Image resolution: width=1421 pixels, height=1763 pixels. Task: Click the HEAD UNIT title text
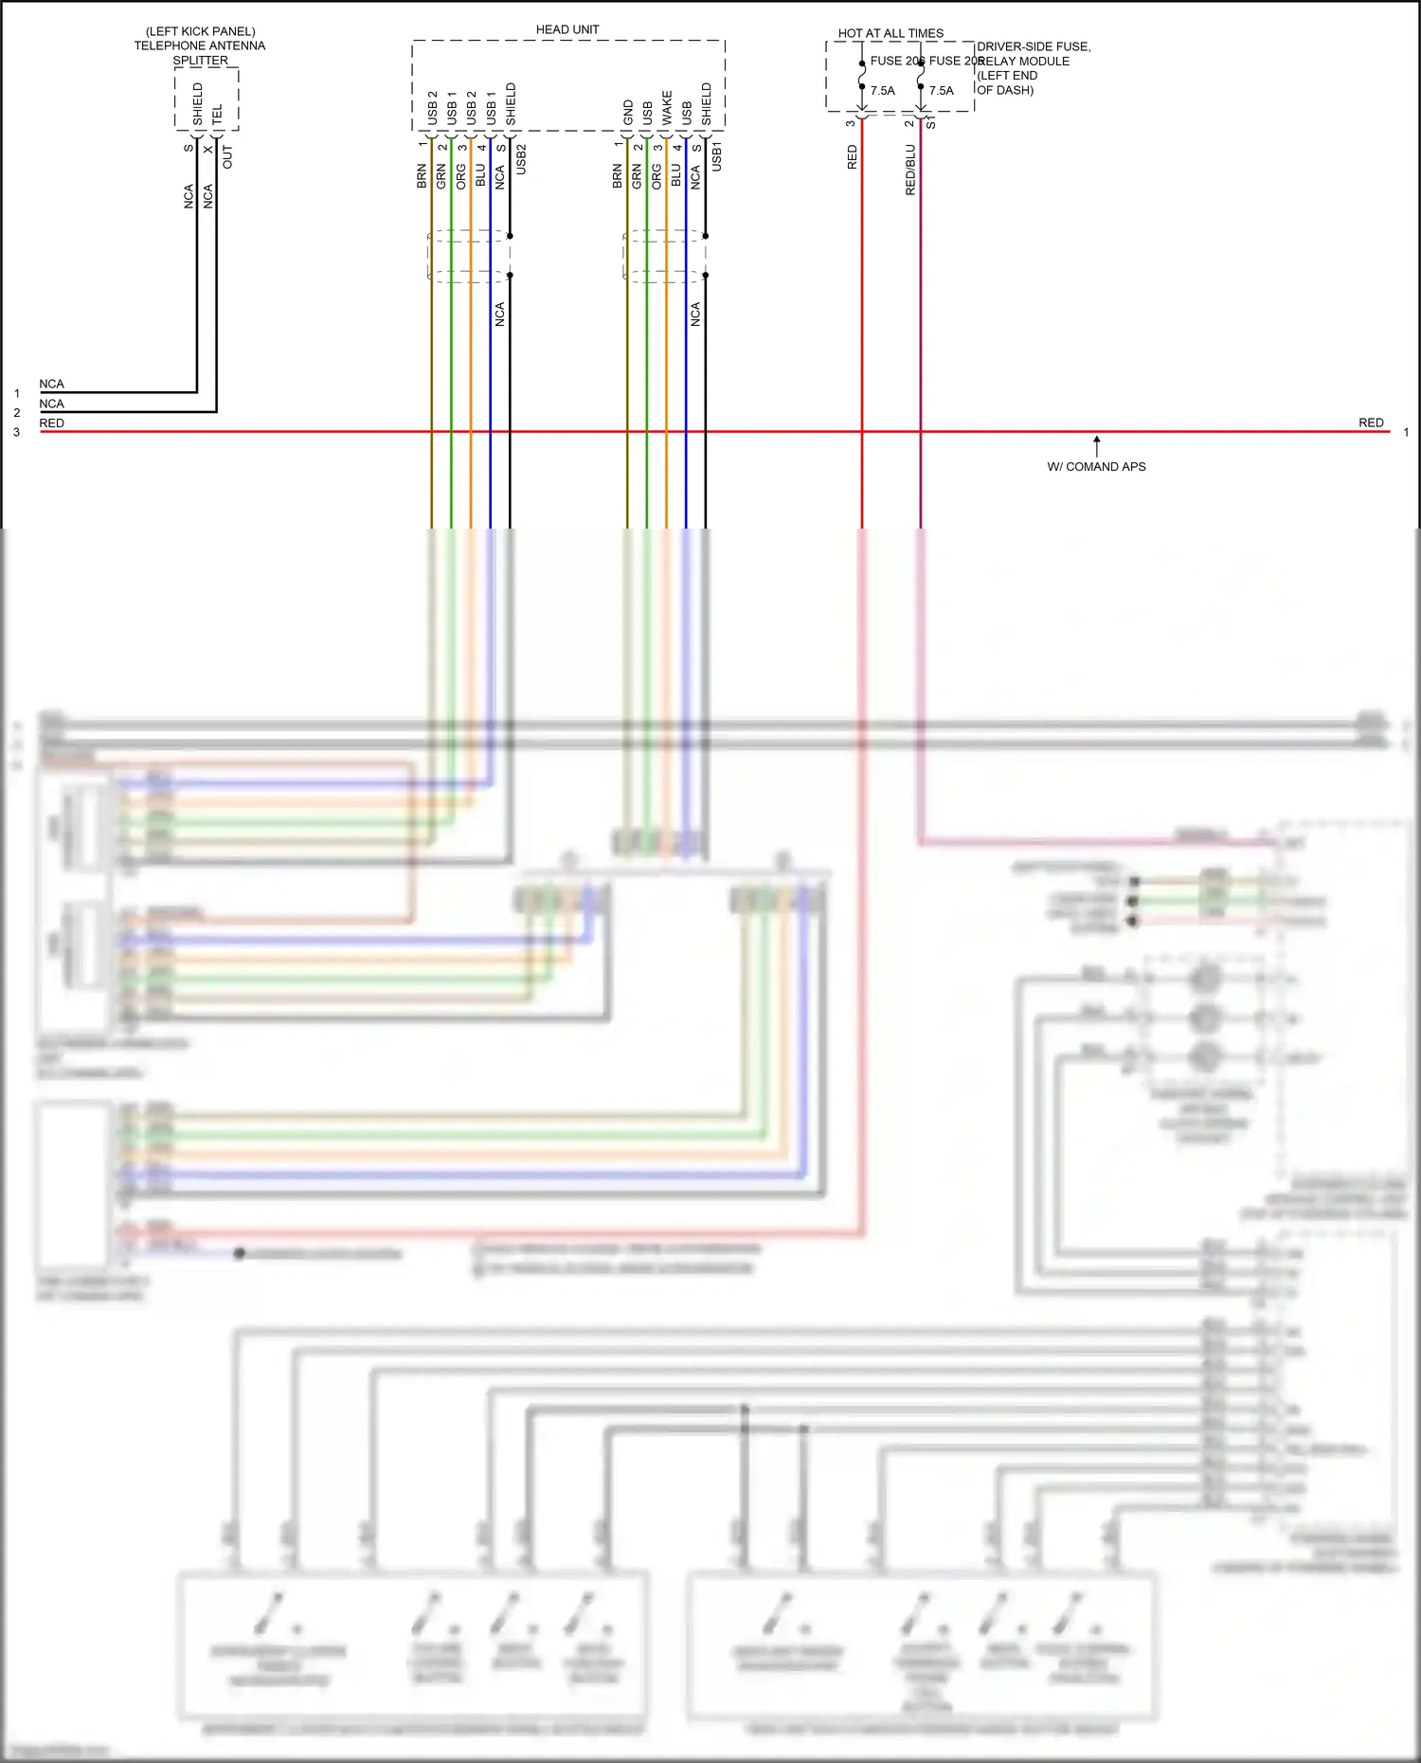pyautogui.click(x=567, y=29)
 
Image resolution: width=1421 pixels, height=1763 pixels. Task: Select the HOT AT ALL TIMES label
pyautogui.click(x=890, y=33)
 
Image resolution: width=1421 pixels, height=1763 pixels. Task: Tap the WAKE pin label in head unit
pyautogui.click(x=667, y=107)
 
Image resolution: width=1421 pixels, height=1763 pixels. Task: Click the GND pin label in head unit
pyautogui.click(x=628, y=112)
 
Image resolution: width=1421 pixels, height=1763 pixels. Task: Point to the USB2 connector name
pyautogui.click(x=521, y=158)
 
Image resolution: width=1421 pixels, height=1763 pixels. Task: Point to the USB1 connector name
pyautogui.click(x=716, y=156)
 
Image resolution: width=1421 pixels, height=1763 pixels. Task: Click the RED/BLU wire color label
pyautogui.click(x=910, y=170)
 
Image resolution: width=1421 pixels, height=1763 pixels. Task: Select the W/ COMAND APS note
pyautogui.click(x=1096, y=467)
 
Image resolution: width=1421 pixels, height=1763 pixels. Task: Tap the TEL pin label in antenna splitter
pyautogui.click(x=217, y=114)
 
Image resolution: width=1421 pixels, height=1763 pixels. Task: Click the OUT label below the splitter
pyautogui.click(x=227, y=157)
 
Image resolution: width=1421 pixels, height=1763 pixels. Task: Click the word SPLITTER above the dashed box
pyautogui.click(x=200, y=61)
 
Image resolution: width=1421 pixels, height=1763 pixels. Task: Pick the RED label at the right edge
pyautogui.click(x=1371, y=423)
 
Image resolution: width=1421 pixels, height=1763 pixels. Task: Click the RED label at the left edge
pyautogui.click(x=52, y=423)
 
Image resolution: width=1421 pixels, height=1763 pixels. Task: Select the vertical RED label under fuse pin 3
pyautogui.click(x=852, y=157)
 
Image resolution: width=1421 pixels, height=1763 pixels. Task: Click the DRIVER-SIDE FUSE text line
pyautogui.click(x=1034, y=46)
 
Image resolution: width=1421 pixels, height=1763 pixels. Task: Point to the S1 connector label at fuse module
pyautogui.click(x=931, y=124)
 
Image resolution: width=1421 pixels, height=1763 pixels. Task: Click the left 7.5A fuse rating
pyautogui.click(x=882, y=91)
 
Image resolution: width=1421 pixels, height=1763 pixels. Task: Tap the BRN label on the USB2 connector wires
pyautogui.click(x=422, y=175)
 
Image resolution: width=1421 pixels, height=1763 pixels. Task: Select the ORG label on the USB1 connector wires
pyautogui.click(x=657, y=175)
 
